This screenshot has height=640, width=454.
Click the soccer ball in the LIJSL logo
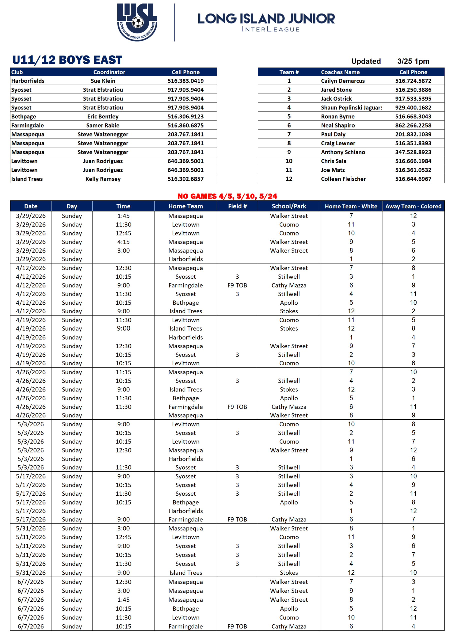point(138,22)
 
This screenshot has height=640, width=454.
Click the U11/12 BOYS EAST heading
point(67,60)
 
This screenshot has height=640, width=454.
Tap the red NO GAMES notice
point(227,196)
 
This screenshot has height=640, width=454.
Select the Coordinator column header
point(109,72)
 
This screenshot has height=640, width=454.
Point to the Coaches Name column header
point(340,72)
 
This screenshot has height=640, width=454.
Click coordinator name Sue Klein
point(103,81)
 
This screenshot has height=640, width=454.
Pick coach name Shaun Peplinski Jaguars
point(351,107)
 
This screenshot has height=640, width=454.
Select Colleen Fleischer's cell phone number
point(413,179)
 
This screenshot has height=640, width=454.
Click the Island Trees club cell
point(27,179)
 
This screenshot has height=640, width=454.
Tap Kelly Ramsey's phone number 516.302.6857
point(185,179)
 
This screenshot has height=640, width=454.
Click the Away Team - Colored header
point(413,206)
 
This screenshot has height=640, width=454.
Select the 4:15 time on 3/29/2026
point(123,242)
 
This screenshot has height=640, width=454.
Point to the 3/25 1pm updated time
point(413,61)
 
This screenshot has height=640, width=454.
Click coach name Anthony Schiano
point(343,152)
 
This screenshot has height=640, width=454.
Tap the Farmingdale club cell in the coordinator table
point(28,125)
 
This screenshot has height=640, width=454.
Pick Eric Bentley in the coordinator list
point(103,116)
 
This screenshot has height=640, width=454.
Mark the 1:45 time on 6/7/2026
point(123,599)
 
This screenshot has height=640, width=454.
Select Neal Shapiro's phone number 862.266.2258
point(413,125)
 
